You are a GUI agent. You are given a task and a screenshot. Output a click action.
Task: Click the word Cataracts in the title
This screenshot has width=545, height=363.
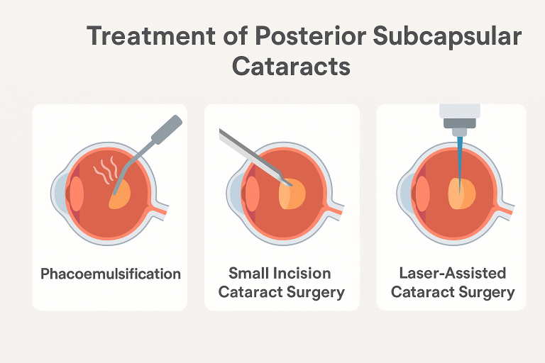291,66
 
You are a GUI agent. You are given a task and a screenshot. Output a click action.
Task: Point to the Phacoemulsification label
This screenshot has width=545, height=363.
110,274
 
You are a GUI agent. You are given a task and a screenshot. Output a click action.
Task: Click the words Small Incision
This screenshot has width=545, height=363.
280,274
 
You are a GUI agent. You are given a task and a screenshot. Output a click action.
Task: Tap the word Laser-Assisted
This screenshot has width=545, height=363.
452,274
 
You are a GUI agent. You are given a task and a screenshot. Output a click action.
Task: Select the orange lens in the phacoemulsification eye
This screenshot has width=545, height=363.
120,194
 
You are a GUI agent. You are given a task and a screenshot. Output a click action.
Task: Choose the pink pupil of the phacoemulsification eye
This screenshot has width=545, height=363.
75,192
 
